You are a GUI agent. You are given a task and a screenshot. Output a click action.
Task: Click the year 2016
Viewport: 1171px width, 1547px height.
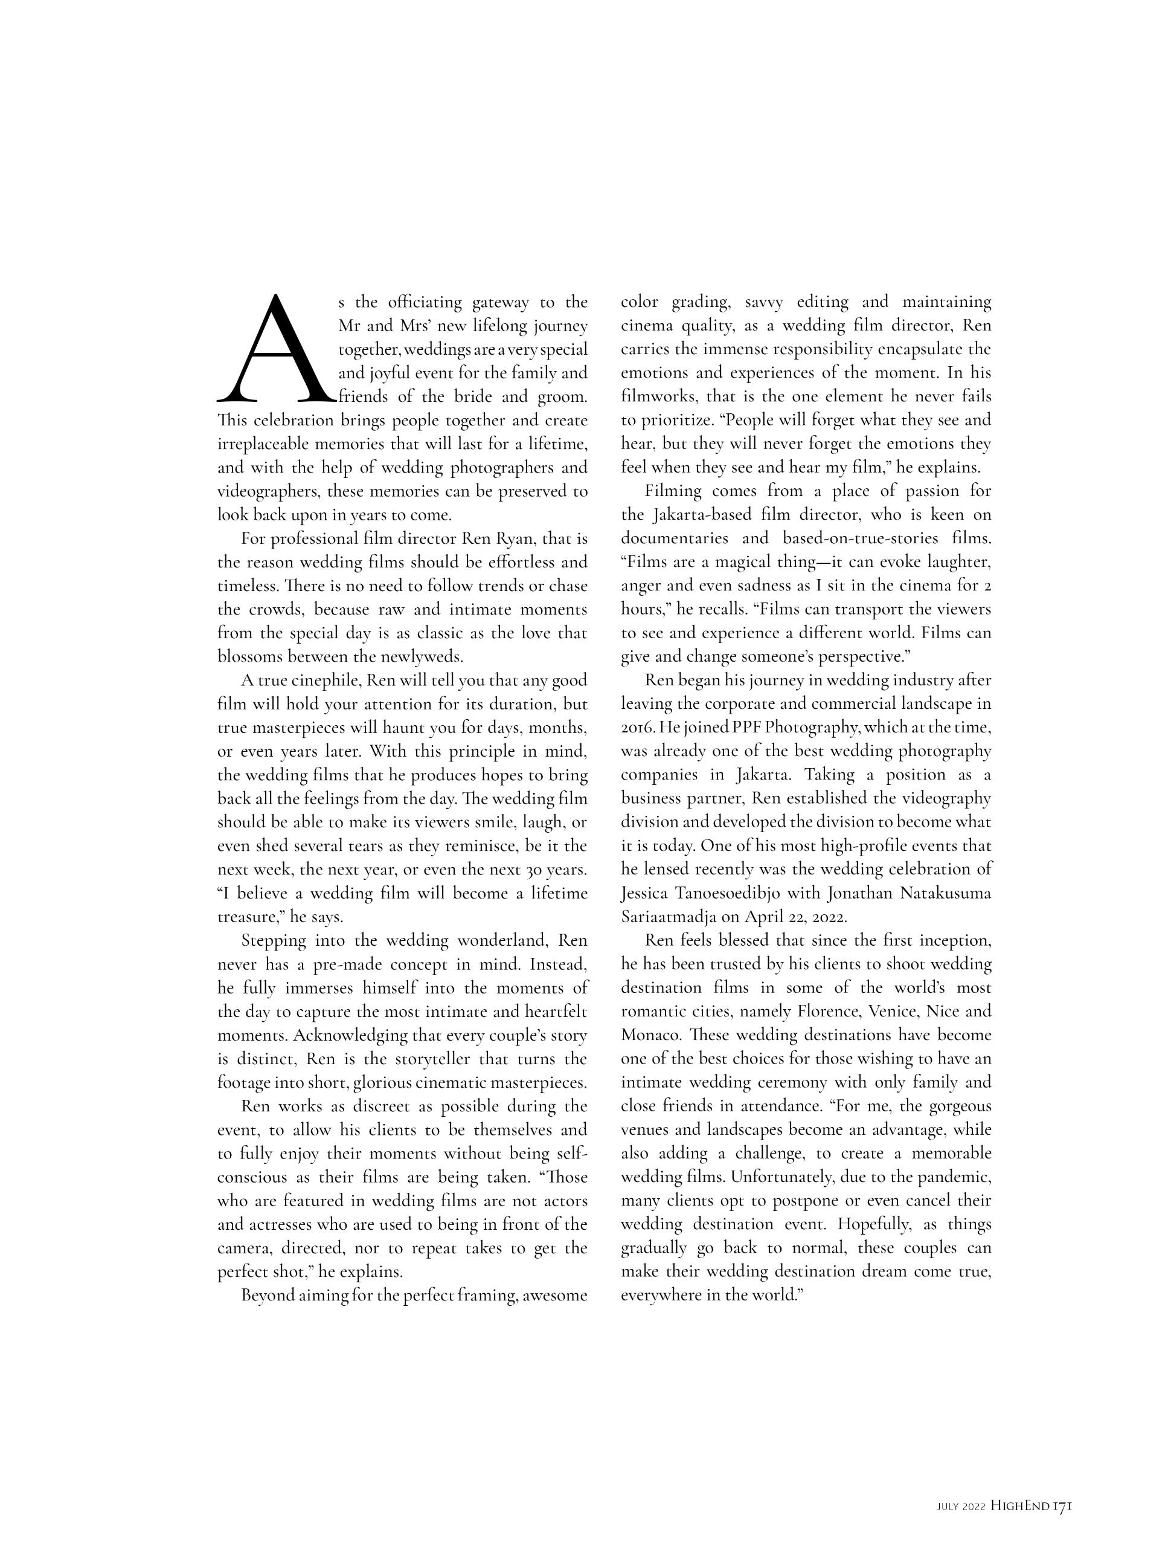coord(635,728)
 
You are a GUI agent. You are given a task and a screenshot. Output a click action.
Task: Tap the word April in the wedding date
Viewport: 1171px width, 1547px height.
coord(767,917)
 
